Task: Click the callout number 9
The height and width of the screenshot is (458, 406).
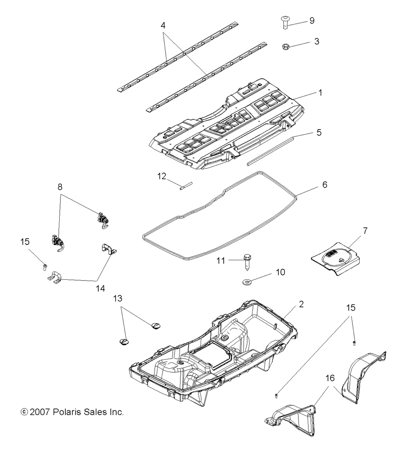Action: tap(312, 20)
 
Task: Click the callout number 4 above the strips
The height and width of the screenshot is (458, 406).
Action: tap(163, 25)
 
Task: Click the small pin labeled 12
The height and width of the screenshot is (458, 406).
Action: tap(186, 187)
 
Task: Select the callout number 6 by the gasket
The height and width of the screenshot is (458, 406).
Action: tap(324, 185)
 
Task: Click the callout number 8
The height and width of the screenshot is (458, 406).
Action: tap(60, 188)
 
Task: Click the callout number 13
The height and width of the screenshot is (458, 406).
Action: tap(117, 298)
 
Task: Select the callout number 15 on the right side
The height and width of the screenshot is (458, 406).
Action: tap(351, 307)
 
